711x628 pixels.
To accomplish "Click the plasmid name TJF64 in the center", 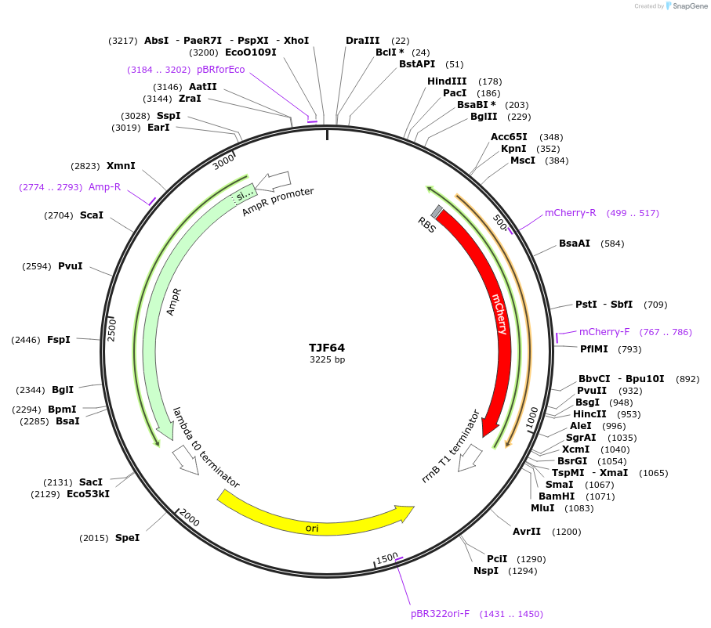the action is tap(327, 348).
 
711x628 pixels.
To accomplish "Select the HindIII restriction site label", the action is tap(447, 81).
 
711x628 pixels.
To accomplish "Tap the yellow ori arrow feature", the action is tap(314, 520).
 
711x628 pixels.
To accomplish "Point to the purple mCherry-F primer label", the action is tap(604, 332).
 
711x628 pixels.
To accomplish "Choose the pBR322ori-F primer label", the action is tap(440, 614).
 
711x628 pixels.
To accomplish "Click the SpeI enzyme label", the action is tap(127, 538).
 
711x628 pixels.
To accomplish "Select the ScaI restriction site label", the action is tap(92, 215).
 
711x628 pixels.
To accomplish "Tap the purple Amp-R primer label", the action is tap(104, 187).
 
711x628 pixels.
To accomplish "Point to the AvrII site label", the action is tap(527, 532).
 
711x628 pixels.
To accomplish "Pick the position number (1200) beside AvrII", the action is tap(566, 532).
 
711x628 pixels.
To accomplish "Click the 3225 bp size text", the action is tap(327, 360).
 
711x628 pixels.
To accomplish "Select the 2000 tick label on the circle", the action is tap(190, 515).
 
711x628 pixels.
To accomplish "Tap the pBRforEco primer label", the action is tap(220, 70).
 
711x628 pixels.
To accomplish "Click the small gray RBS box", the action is tap(437, 211).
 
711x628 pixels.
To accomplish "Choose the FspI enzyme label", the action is tap(59, 340).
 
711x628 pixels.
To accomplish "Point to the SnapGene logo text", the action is tap(689, 6).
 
